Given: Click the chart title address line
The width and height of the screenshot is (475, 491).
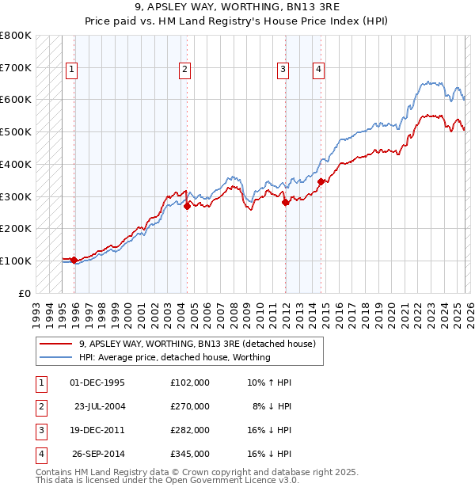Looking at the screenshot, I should coord(237,9).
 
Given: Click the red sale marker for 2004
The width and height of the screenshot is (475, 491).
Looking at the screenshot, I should coord(187,206).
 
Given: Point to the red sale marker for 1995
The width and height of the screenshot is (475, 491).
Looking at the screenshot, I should coord(74,260).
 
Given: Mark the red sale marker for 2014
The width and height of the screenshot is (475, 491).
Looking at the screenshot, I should coord(321,181).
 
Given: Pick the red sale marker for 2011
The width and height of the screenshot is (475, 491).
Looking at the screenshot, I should coord(285,202).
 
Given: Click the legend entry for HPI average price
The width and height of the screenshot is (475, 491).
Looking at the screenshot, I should coord(174,357).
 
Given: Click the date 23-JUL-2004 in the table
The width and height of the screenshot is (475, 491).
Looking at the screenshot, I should coord(100,406).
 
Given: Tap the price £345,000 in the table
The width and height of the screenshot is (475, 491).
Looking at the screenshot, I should coord(190,454).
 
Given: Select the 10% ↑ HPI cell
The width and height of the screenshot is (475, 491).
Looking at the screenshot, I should coord(269,383).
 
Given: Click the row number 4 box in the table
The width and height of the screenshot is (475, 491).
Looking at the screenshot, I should coord(40,454).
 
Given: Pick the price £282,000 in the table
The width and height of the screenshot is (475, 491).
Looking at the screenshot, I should coord(190,430).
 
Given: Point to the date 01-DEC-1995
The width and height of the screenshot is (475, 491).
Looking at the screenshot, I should coord(97,383).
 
